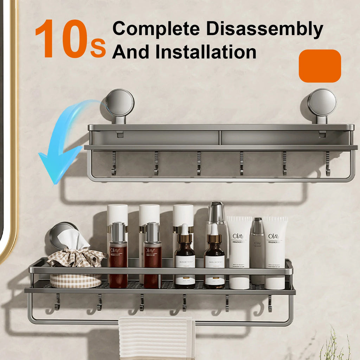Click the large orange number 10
(x=62, y=39)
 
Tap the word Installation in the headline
(x=206, y=52)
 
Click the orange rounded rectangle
(x=320, y=66)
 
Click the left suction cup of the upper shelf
(x=120, y=103)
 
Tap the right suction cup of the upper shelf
(x=322, y=102)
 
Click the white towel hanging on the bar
(x=156, y=337)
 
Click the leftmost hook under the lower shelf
(x=57, y=302)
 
